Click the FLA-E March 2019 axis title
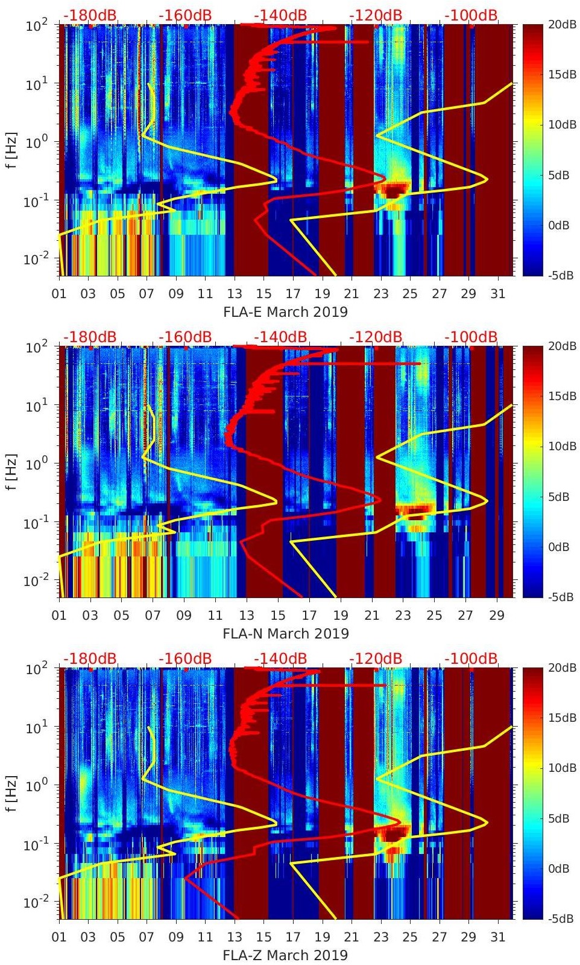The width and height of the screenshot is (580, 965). click(286, 312)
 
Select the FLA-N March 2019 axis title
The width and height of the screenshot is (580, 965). click(286, 634)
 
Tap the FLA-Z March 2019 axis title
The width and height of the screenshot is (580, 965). click(286, 955)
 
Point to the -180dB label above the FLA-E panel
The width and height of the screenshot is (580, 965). click(90, 15)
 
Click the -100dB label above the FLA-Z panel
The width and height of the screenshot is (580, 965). click(471, 658)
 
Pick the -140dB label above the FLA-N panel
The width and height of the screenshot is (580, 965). click(280, 337)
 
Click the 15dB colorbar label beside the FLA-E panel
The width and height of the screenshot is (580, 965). click(563, 74)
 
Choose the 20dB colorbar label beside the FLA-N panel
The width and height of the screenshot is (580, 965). click(563, 346)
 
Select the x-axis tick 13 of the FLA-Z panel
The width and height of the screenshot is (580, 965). click(234, 937)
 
